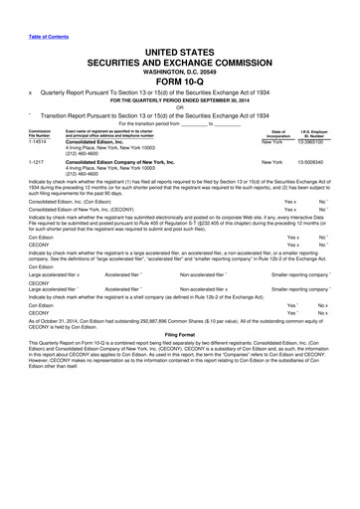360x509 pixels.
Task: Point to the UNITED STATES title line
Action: [x=180, y=49]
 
